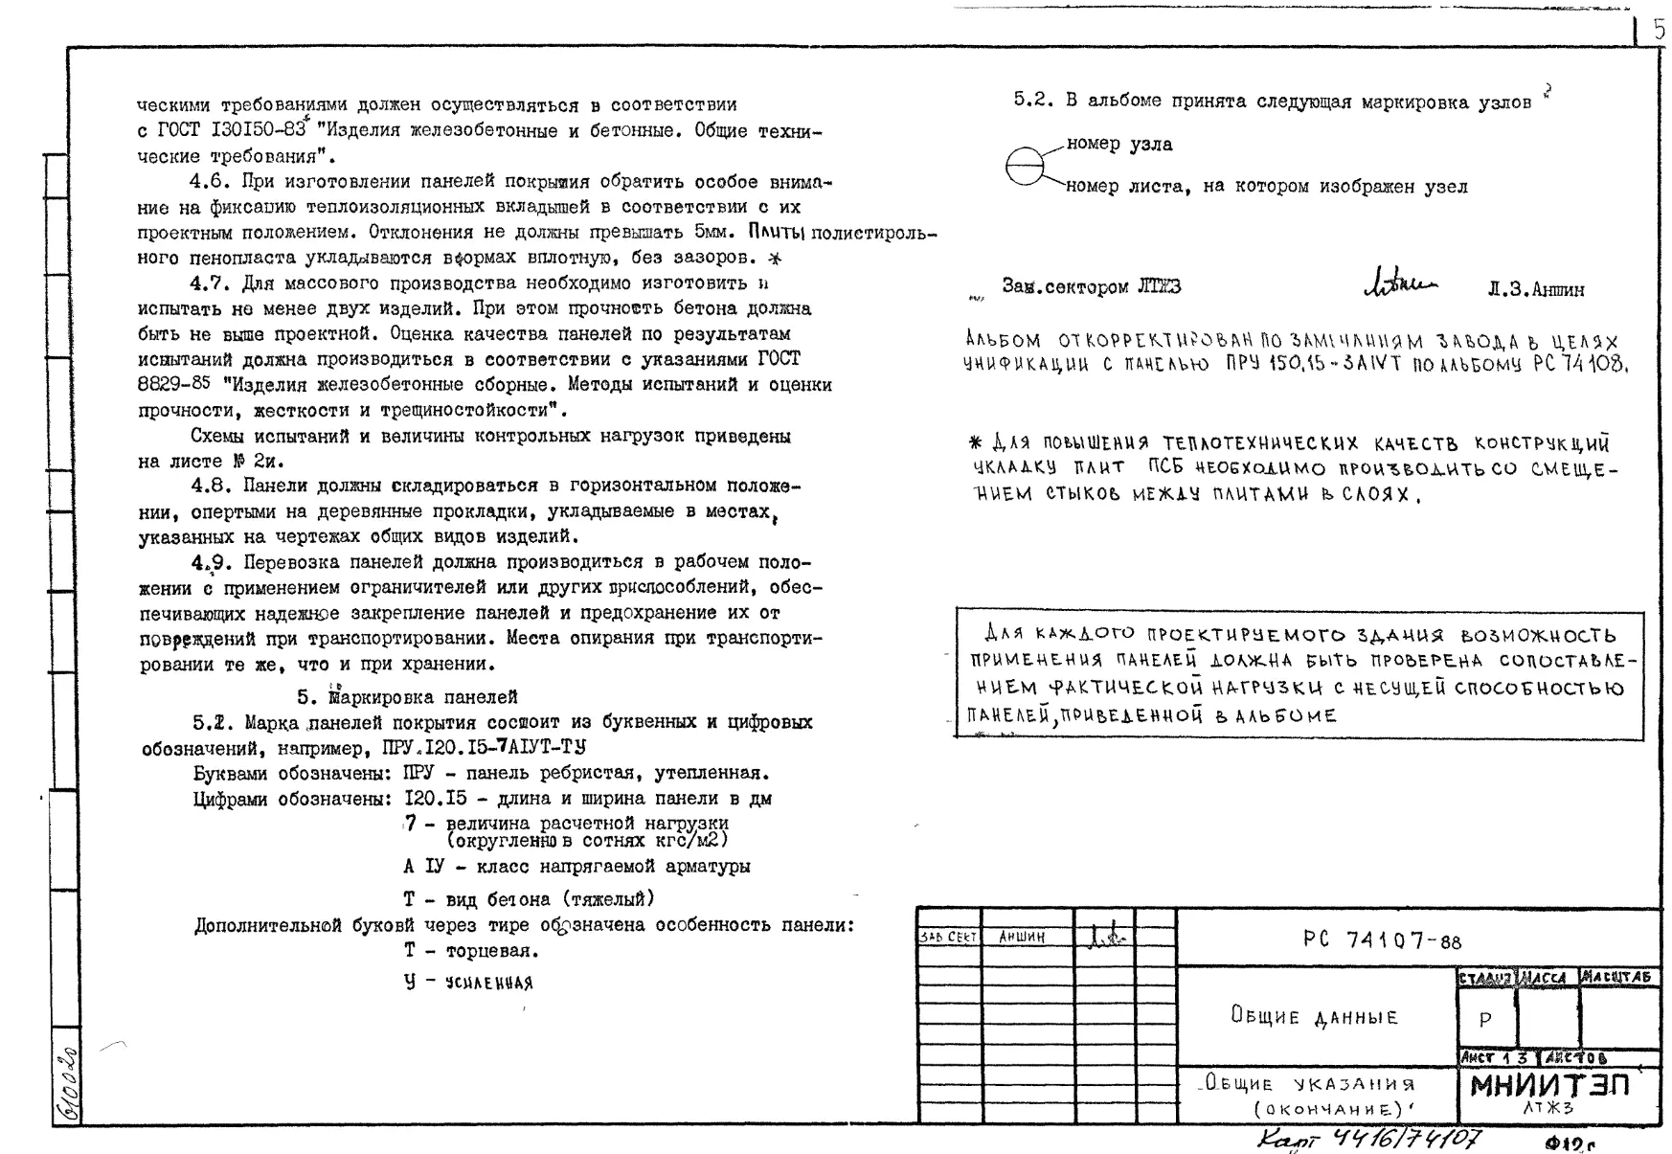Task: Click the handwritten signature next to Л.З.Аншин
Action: (1399, 282)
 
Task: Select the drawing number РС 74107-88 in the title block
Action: (1382, 939)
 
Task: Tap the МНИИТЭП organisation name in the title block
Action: (1549, 1086)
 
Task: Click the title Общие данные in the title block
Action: (1314, 1016)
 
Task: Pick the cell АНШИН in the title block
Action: (1022, 938)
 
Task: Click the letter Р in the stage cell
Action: (1484, 1019)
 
